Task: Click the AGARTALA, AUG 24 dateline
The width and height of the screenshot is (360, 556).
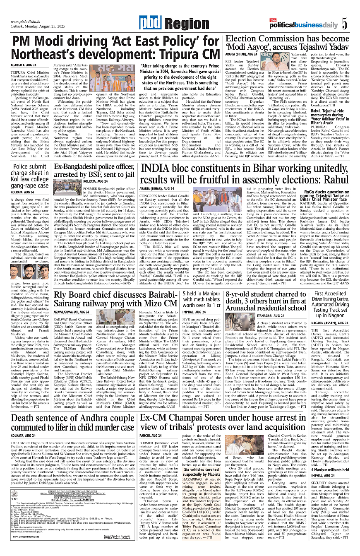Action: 24,65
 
